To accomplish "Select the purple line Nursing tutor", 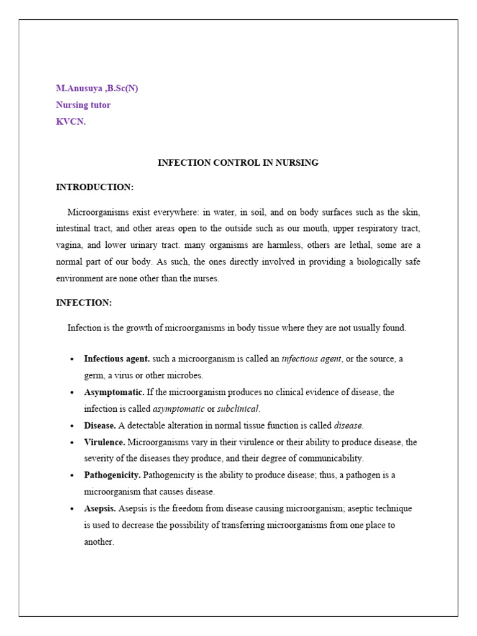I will [83, 105].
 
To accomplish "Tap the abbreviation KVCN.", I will [71, 122].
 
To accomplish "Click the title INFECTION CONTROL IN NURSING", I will [238, 163].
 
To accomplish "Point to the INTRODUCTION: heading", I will [94, 187].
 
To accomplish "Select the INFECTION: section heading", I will [84, 302].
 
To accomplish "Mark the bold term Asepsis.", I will [99, 508].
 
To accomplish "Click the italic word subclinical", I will [238, 409].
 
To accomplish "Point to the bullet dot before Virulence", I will [73, 443].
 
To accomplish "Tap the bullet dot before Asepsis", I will [73, 509].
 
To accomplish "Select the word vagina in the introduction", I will [69, 245].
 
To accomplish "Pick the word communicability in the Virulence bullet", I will [332, 458].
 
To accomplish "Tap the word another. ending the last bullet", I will [99, 542].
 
